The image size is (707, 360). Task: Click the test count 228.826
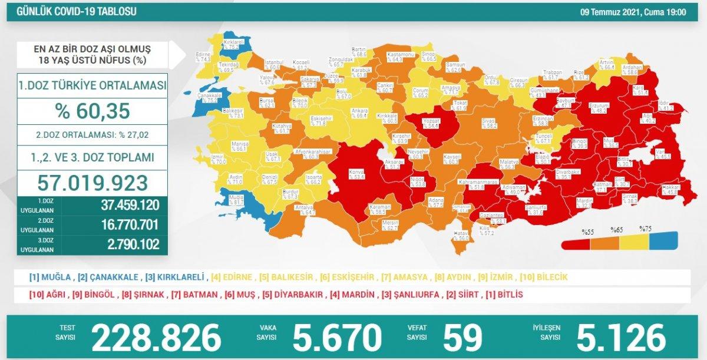[156, 337]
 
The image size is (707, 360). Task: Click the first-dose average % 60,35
[92, 110]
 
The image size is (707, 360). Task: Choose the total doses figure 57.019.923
[92, 182]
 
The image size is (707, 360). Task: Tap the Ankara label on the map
[359, 111]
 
